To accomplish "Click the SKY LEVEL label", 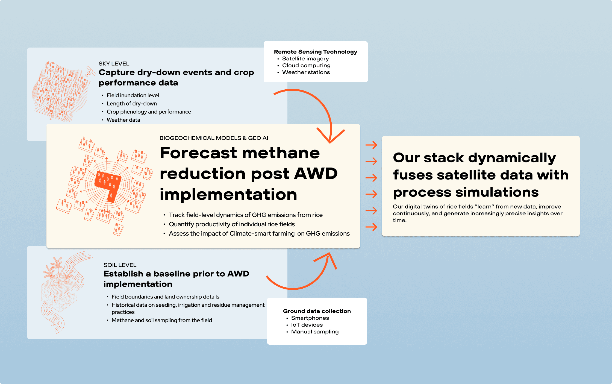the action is (x=114, y=64).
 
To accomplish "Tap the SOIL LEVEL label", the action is (x=120, y=265).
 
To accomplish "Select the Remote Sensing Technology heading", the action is (x=316, y=52).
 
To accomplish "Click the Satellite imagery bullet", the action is (x=305, y=59).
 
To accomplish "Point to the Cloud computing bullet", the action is (x=306, y=66).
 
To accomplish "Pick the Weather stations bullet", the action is (x=306, y=72).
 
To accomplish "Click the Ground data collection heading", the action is (x=317, y=311).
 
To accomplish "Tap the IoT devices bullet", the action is (x=307, y=325).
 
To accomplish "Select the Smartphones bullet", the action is (x=310, y=318).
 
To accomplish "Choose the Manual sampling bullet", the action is (x=315, y=332).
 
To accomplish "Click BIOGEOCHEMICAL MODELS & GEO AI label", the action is (x=214, y=138).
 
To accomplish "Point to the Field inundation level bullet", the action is (x=133, y=95).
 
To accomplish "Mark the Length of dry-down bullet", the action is (x=132, y=104).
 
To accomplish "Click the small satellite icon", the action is (x=90, y=71).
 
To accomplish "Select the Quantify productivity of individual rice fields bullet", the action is (x=232, y=224).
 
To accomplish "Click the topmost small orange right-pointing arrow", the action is (x=371, y=145).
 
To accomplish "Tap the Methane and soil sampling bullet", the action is (x=162, y=320).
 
